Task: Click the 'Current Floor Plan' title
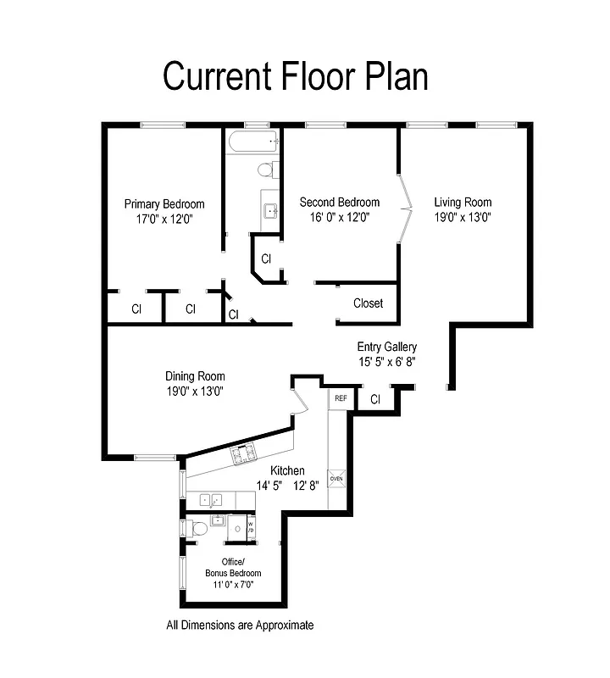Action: click(295, 75)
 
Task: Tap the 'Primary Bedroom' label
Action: click(164, 204)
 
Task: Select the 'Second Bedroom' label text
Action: click(340, 203)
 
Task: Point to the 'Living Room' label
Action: click(463, 203)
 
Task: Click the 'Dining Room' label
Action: click(195, 377)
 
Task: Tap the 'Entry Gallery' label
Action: click(386, 347)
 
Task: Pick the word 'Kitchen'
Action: click(287, 471)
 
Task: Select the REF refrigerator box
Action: click(341, 398)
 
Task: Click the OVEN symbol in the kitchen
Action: click(337, 479)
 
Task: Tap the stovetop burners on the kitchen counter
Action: click(244, 455)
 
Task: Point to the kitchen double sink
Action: click(211, 500)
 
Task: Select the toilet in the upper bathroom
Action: click(265, 170)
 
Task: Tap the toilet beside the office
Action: click(199, 530)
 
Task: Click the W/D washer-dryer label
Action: click(251, 527)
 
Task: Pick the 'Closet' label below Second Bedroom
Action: click(368, 303)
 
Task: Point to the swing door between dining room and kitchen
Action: click(297, 397)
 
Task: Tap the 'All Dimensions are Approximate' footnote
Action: click(240, 625)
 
